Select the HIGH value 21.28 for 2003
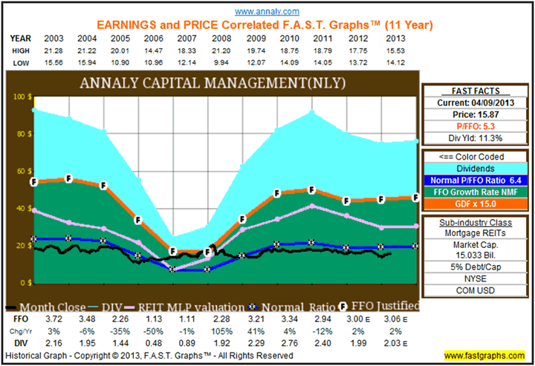coord(53,50)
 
